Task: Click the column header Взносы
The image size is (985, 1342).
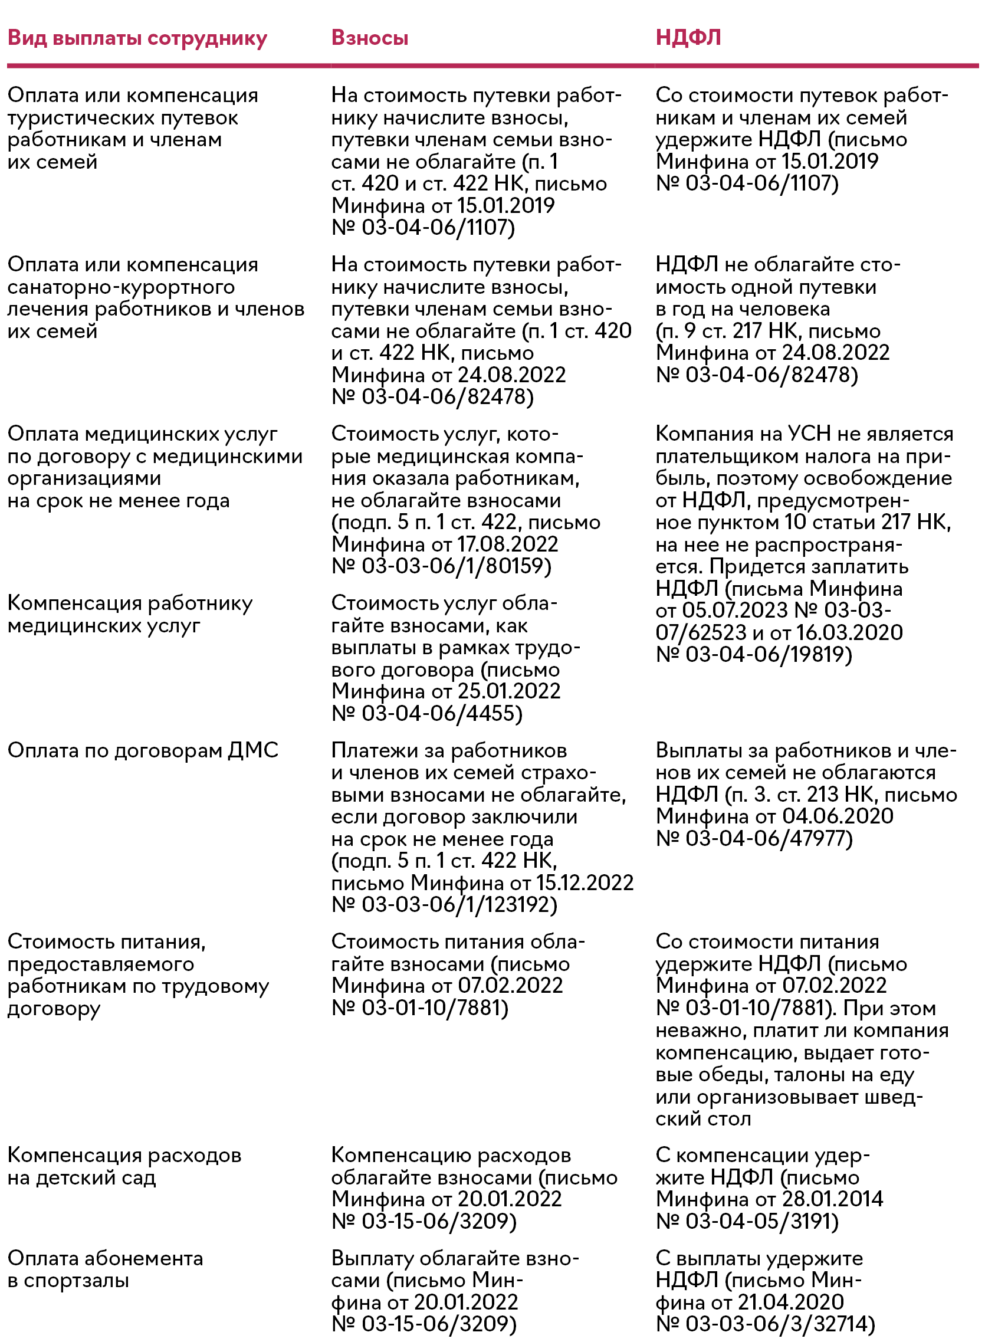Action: coord(370,38)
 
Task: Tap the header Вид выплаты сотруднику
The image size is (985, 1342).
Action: coord(137,38)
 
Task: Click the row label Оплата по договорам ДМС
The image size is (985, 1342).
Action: coord(143,750)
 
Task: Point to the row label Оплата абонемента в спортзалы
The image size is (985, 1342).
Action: coord(105,1269)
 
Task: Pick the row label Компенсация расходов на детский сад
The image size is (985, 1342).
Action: coord(124,1166)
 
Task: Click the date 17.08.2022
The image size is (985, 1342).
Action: coord(507,544)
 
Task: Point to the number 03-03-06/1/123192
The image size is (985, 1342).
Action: coord(459,904)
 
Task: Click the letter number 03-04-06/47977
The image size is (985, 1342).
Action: coord(769,838)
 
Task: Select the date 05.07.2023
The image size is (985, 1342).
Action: coord(735,610)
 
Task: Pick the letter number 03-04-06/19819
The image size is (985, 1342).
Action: coord(769,654)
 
